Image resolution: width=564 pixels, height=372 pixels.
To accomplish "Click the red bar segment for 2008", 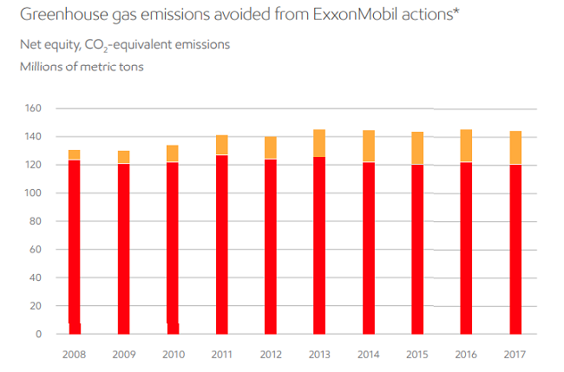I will pyautogui.click(x=74, y=243).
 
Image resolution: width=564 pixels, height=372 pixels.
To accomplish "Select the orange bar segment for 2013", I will pyautogui.click(x=319, y=143).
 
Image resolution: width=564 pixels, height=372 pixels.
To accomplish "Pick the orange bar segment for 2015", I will pyautogui.click(x=417, y=148).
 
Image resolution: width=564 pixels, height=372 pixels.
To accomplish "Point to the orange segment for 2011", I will pyautogui.click(x=221, y=145).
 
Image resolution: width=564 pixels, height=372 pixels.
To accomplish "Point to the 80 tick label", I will pyautogui.click(x=36, y=221).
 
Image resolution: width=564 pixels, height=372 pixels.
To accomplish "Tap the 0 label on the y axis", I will pyautogui.click(x=39, y=334).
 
